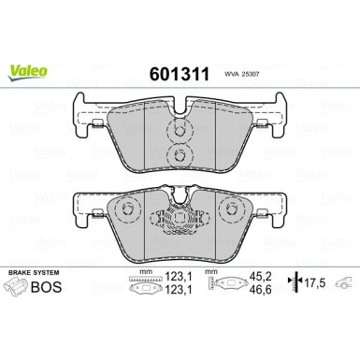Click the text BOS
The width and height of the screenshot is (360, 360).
pyautogui.click(x=59, y=289)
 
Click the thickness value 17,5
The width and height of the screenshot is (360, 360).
pyautogui.click(x=320, y=285)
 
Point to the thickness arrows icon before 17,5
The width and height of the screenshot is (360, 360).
pyautogui.click(x=295, y=285)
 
